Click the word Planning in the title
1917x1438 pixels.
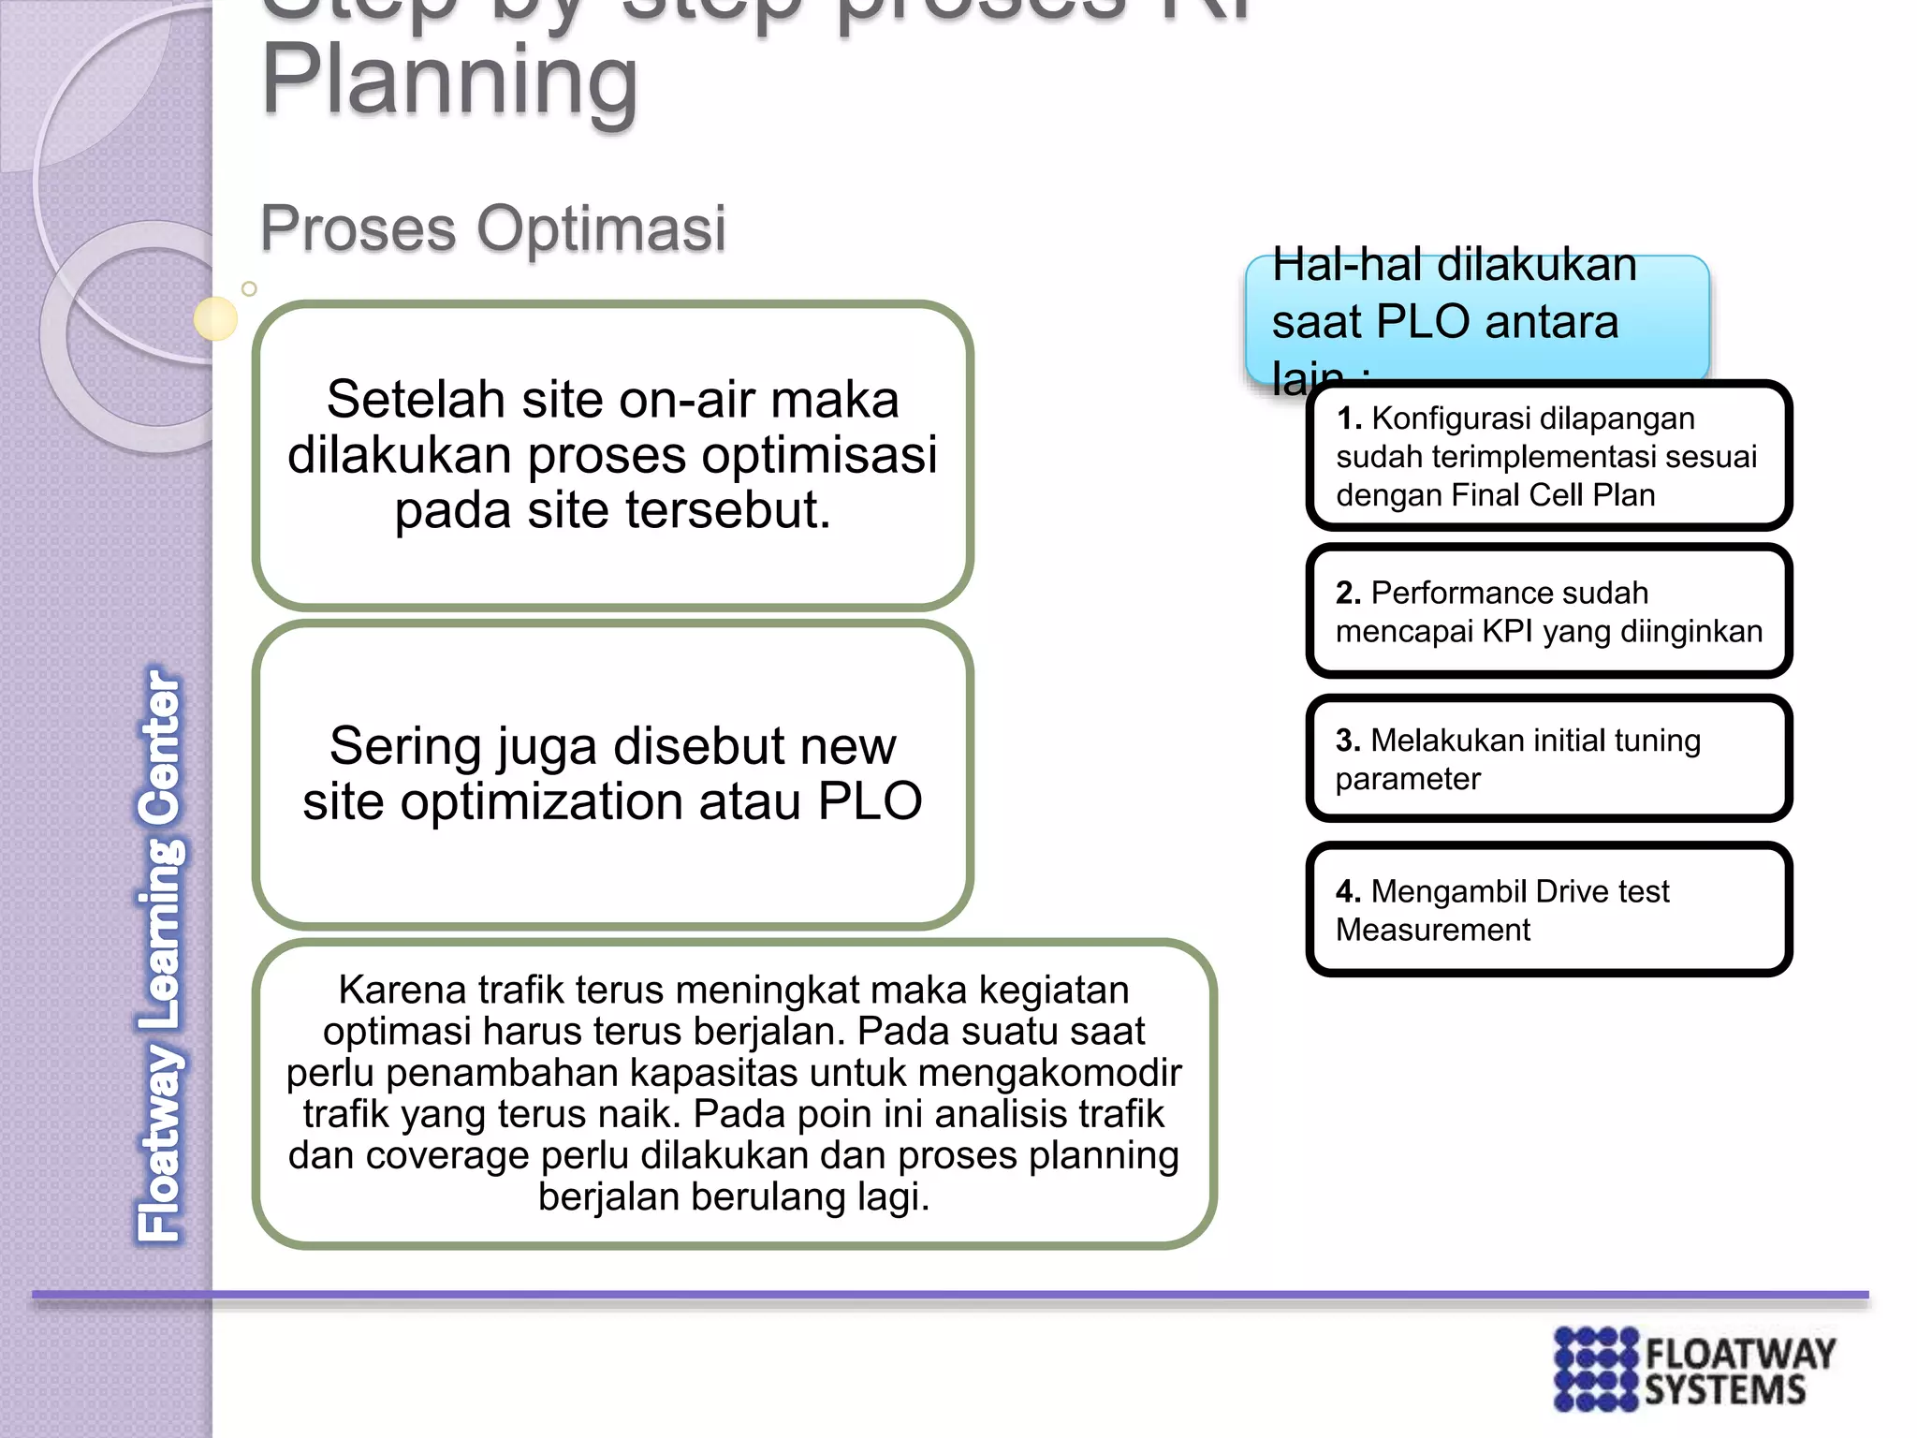tap(449, 82)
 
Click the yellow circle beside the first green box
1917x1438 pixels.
tap(215, 318)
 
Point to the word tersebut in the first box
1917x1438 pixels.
tap(726, 510)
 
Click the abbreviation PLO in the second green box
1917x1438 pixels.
tap(870, 801)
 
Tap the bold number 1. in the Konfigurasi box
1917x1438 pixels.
tap(1348, 418)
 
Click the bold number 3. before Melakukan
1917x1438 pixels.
tap(1348, 741)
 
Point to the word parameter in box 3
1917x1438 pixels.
tap(1408, 779)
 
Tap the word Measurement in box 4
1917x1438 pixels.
tap(1432, 930)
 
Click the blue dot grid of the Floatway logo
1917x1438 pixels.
tap(1596, 1368)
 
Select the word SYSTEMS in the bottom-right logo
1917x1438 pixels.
tap(1725, 1390)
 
